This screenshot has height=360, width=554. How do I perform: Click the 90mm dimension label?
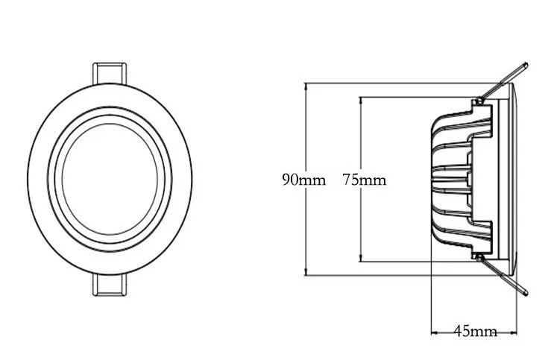(x=303, y=180)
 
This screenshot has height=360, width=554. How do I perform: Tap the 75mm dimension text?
(x=365, y=180)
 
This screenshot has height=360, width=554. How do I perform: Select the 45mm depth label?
(x=475, y=331)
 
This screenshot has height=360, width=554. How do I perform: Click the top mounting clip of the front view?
(x=110, y=74)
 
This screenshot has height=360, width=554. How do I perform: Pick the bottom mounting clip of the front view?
(x=110, y=285)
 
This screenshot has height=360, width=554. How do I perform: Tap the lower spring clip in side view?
(x=503, y=275)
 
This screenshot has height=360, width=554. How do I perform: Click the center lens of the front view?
(x=110, y=179)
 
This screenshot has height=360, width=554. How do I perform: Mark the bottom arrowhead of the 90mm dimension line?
(x=306, y=271)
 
